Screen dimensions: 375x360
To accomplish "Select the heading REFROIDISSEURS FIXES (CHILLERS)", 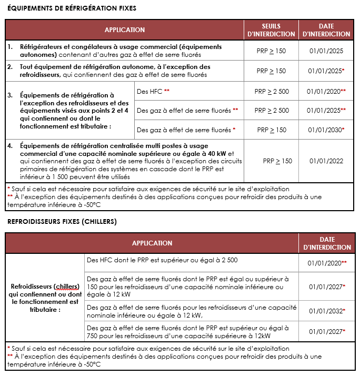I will (62, 221).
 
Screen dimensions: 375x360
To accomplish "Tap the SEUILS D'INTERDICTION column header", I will (271, 30).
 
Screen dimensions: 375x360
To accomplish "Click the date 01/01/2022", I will (326, 161).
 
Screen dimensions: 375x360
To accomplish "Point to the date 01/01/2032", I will (325, 311).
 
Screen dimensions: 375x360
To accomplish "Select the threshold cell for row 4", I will (277, 161).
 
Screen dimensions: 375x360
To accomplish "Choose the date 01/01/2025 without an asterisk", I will (326, 51).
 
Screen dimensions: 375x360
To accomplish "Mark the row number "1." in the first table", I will (11, 47).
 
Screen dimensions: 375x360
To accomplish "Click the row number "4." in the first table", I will (11, 145).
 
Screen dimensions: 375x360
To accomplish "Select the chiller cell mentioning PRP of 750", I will (188, 332).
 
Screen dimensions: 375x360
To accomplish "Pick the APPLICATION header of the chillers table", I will (152, 243).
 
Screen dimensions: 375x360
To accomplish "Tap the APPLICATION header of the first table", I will (125, 30).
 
